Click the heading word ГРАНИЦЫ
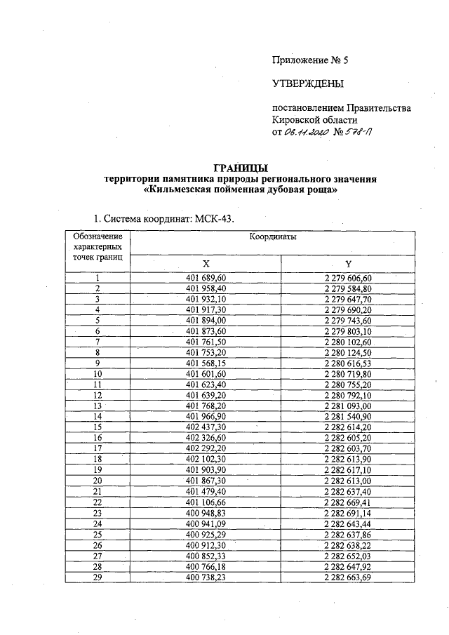pyautogui.click(x=239, y=167)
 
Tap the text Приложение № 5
pyautogui.click(x=309, y=60)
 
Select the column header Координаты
pyautogui.click(x=272, y=237)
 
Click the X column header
pyautogui.click(x=206, y=264)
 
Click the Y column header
pyautogui.click(x=347, y=264)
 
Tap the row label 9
pyautogui.click(x=98, y=363)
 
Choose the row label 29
pyautogui.click(x=98, y=576)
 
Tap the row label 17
pyautogui.click(x=98, y=448)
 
